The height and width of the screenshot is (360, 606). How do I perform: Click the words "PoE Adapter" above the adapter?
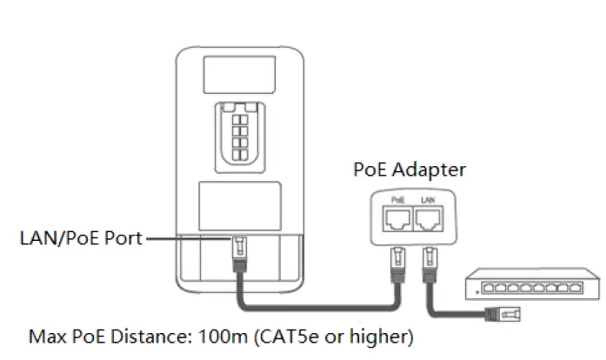click(409, 170)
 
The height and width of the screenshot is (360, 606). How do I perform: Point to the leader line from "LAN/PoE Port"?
click(187, 238)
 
